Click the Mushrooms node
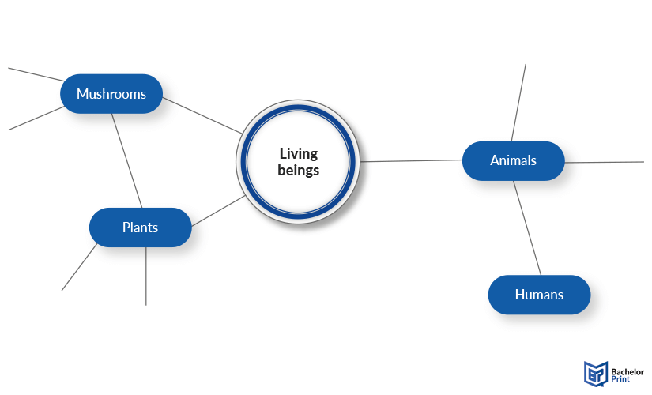click(111, 94)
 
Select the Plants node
click(141, 228)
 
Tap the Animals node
click(514, 161)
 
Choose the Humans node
click(539, 295)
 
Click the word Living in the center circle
click(299, 154)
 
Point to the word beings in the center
click(299, 171)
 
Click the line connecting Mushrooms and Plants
click(126, 161)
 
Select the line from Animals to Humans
click(527, 228)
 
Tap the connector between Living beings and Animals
click(411, 160)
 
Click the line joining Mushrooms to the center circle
click(202, 115)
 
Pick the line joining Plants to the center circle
click(218, 211)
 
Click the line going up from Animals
click(518, 103)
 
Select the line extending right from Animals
click(604, 162)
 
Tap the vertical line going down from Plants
click(146, 276)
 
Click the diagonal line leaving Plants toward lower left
click(79, 267)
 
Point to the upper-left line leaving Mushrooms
click(36, 74)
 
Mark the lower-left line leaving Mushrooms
click(36, 118)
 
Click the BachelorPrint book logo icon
click(596, 374)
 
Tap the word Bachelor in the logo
click(628, 372)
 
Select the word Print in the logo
click(620, 379)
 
